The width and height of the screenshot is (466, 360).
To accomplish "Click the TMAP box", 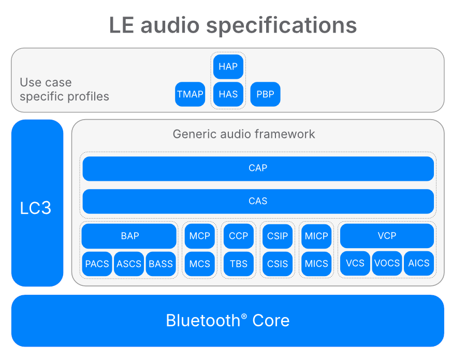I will pyautogui.click(x=190, y=94).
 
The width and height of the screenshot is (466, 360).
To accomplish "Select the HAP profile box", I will pyautogui.click(x=228, y=66).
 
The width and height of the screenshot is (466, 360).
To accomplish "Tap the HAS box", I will pyautogui.click(x=228, y=94).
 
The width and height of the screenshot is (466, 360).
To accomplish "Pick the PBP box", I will pyautogui.click(x=265, y=94).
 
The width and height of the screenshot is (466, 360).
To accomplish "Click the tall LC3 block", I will pyautogui.click(x=37, y=203).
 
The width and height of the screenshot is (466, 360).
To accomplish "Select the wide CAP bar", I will pyautogui.click(x=258, y=168).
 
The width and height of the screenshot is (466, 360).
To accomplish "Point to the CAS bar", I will pyautogui.click(x=258, y=201).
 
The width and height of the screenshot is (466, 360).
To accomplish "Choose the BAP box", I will pyautogui.click(x=129, y=236).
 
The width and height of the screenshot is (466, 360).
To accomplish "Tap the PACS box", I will pyautogui.click(x=97, y=264).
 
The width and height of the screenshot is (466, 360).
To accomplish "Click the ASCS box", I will pyautogui.click(x=129, y=264).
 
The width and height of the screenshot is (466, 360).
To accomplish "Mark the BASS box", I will pyautogui.click(x=161, y=264).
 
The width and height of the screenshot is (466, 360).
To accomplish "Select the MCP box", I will pyautogui.click(x=199, y=236).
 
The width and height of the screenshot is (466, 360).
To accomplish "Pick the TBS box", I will pyautogui.click(x=238, y=264).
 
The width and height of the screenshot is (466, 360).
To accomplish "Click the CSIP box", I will pyautogui.click(x=278, y=236).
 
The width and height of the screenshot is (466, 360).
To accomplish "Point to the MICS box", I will pyautogui.click(x=316, y=264).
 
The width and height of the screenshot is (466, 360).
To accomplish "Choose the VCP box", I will pyautogui.click(x=386, y=236).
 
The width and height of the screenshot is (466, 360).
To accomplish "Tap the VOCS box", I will pyautogui.click(x=387, y=264).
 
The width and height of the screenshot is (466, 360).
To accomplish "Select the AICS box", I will pyautogui.click(x=418, y=264).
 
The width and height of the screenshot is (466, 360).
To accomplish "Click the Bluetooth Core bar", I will pyautogui.click(x=227, y=321).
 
